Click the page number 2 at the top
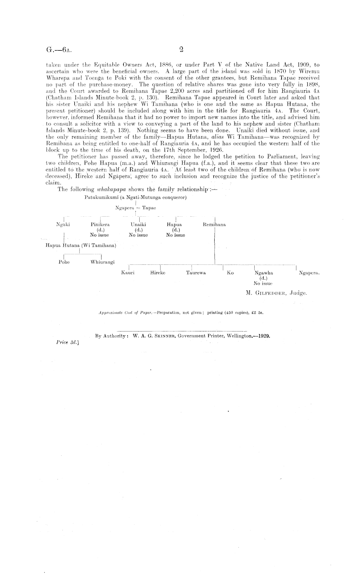coord(181,49)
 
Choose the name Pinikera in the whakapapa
coord(100,224)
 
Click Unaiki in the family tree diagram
coord(138,224)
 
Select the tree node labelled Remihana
coord(214,224)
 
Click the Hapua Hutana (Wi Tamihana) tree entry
coord(80,245)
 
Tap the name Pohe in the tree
coord(64,262)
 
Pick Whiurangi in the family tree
coord(102,262)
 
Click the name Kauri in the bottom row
coord(128,273)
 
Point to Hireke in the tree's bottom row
coord(158,273)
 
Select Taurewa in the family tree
coord(196,273)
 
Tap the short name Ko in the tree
coord(230,273)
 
